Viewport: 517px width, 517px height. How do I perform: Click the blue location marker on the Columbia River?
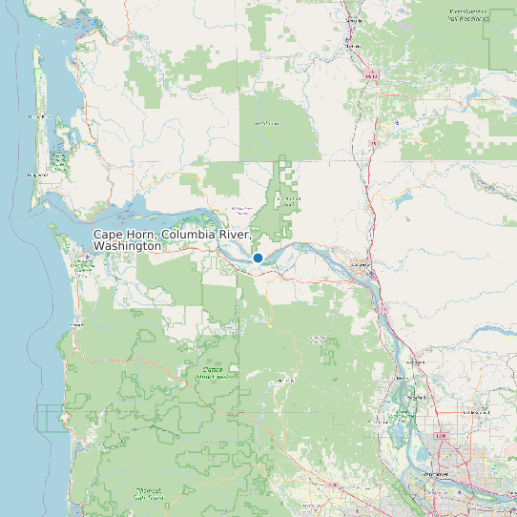pos(258,258)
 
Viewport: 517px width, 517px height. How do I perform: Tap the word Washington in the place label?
pos(128,246)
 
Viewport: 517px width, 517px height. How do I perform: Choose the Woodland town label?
pos(416,363)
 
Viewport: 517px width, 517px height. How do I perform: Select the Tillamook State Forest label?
pos(148,493)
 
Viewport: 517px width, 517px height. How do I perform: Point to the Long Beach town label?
pos(38,176)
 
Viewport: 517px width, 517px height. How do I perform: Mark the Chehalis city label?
pos(355,45)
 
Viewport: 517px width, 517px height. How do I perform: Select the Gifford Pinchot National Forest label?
pos(467,14)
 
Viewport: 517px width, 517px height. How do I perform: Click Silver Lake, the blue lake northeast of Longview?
pos(399,203)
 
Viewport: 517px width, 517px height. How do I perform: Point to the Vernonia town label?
pos(281,380)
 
